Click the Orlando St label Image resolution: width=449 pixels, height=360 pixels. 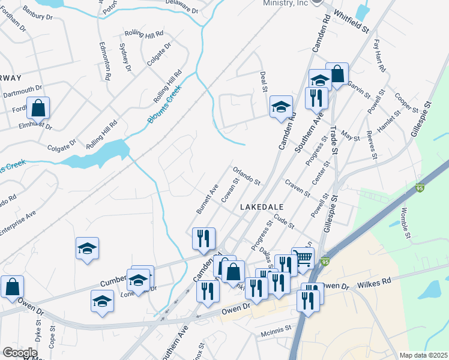(x=247, y=175)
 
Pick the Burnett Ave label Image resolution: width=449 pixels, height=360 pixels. (x=206, y=199)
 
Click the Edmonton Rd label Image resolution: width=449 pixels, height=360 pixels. (x=106, y=59)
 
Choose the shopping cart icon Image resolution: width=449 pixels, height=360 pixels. (x=303, y=258)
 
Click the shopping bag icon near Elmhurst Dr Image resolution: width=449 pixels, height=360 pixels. (x=38, y=109)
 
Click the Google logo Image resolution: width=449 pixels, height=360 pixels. (x=20, y=353)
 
